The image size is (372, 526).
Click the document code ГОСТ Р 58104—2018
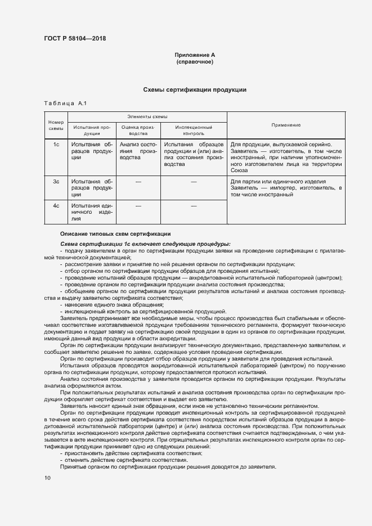(75, 39)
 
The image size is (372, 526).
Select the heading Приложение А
(195, 55)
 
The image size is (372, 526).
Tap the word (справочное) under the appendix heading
(195, 62)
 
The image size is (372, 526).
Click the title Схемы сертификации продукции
(195, 90)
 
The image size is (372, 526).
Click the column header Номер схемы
(56, 125)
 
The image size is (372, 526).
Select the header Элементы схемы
(147, 116)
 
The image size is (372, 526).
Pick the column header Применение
(286, 125)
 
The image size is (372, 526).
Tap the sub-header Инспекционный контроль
(193, 131)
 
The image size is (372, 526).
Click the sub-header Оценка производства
(138, 131)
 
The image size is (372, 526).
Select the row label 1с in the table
(56, 145)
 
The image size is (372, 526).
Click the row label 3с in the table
(56, 182)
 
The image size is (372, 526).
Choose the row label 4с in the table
(56, 206)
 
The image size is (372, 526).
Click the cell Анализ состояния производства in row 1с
(138, 152)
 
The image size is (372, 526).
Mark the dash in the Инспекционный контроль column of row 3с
(193, 182)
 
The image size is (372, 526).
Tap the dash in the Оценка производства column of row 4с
(138, 206)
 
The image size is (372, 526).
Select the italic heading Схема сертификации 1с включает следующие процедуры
(145, 244)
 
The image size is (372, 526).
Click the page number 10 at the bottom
(47, 478)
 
